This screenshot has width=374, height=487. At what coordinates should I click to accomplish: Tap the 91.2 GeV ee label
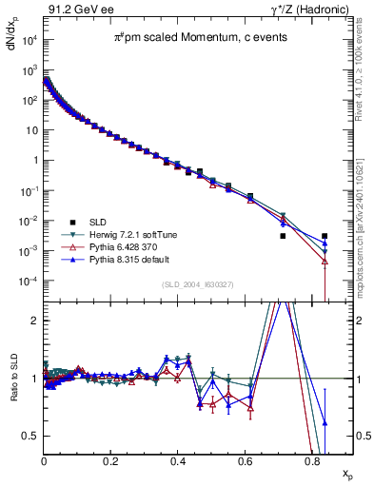point(72,10)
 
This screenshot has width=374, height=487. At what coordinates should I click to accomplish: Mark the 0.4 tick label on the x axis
point(179,460)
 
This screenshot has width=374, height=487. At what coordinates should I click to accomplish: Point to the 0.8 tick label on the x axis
point(313,460)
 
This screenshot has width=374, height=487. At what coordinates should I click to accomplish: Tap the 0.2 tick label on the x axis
point(111,460)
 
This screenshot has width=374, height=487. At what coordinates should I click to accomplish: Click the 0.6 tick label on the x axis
point(246,460)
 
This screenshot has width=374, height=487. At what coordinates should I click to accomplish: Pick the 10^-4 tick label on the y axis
point(28,282)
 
